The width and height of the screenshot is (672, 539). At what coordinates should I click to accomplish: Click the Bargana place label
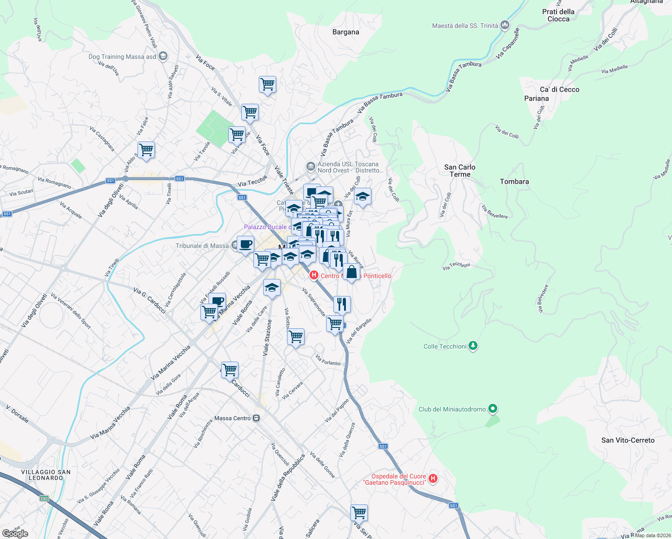tap(345, 32)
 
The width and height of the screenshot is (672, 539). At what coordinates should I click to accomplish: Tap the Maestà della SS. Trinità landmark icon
tap(505, 25)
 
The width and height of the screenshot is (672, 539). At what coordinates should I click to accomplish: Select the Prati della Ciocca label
tap(558, 15)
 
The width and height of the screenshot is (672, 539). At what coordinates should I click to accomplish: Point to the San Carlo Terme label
tap(460, 171)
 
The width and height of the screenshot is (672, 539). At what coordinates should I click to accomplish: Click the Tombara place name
tap(514, 181)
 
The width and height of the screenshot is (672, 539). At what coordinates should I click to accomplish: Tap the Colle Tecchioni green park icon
tap(473, 346)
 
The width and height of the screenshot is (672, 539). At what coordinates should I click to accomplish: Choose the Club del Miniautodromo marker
tap(493, 409)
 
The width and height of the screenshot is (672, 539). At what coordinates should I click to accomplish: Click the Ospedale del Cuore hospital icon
tap(433, 479)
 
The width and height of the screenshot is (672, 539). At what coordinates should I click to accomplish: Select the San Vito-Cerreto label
tap(628, 440)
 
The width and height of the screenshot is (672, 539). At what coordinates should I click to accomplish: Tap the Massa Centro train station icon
tap(256, 418)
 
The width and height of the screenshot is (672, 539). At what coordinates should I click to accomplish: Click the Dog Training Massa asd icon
tap(163, 56)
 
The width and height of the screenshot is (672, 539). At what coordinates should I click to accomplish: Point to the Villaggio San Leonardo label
tap(46, 475)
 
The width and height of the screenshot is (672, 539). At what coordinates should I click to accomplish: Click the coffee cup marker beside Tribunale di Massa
tap(245, 244)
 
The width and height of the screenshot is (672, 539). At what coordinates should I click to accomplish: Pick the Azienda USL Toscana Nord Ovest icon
tap(310, 167)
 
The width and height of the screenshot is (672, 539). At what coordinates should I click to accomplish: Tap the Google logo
tap(15, 534)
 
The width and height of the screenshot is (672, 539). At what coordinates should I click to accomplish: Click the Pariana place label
tap(536, 98)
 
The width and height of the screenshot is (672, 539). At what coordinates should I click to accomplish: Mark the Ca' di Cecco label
tap(559, 89)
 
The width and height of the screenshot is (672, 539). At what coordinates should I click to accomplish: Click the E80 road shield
tap(44, 498)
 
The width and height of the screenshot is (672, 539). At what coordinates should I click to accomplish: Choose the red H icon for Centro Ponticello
tap(314, 274)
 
